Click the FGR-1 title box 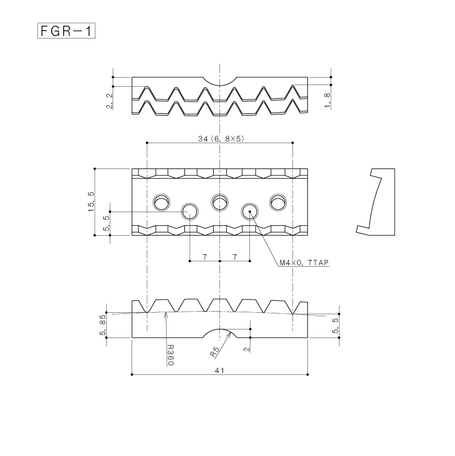pos(66,30)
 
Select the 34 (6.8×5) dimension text pos(221,139)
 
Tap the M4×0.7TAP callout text pos(304,263)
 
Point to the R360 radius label pos(171,355)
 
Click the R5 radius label pos(215,352)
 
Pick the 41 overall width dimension pos(219,370)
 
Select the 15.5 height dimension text pos(91,201)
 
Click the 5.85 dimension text pos(103,325)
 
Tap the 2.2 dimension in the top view pos(110,101)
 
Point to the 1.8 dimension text pos(327,100)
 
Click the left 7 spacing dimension pos(205,257)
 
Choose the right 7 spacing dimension pos(235,257)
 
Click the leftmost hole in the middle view pos(162,202)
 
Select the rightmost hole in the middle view pos(278,202)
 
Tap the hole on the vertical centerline pos(220,202)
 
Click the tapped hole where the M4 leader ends pos(249,212)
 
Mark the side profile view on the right pos(375,202)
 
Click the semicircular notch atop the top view pos(220,82)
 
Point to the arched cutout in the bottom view pos(220,334)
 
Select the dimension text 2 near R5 pos(246,349)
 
